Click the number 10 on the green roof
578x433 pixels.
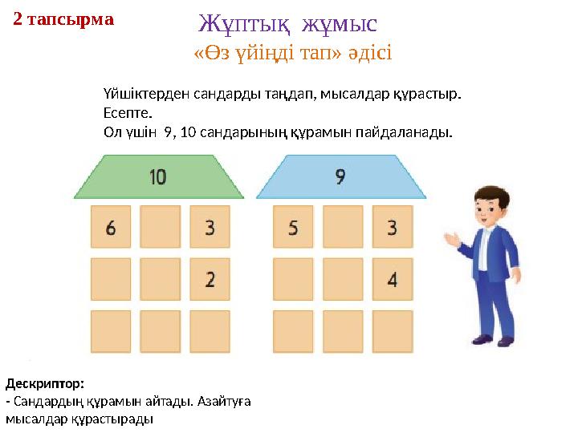click(157, 176)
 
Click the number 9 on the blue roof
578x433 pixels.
click(340, 176)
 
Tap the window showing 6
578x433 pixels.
click(111, 228)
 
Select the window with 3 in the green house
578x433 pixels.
click(210, 228)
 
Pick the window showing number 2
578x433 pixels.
click(210, 279)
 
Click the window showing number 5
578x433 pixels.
click(293, 228)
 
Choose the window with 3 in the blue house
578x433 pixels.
click(392, 228)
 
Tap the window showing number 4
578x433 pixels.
click(392, 279)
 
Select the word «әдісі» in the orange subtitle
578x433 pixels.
click(368, 54)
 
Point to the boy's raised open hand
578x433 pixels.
click(450, 238)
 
